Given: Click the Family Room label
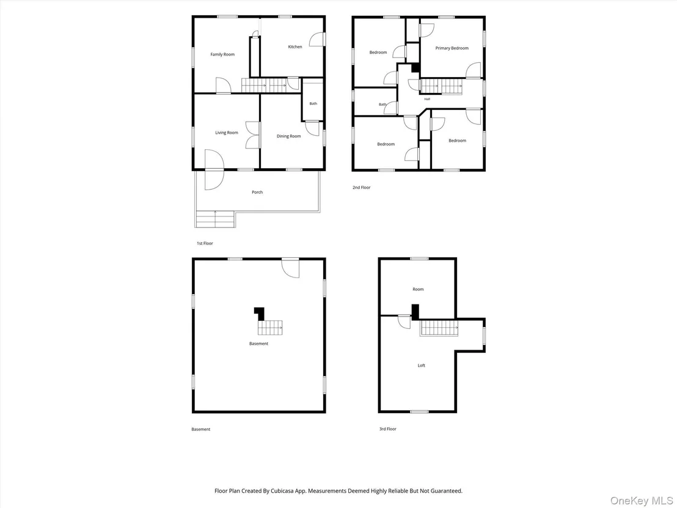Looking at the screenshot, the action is pos(222,54).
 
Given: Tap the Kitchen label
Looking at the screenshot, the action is pos(295,46).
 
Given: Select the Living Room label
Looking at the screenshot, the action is pos(227,133).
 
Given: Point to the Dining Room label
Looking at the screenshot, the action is pos(288,136).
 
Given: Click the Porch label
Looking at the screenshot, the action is pos(257,192).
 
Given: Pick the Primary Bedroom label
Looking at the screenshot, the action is pos(452,48).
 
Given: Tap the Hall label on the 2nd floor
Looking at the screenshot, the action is pos(427,99).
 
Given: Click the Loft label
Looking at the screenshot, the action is pos(422,366).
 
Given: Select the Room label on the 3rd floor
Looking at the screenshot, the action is pos(418,289).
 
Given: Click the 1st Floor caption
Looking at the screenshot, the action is pos(205,243).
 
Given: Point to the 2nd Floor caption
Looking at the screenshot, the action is pos(361,188).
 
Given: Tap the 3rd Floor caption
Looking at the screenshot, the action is pos(388,429).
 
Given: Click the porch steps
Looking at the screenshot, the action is pos(215,219).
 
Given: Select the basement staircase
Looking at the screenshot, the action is pos(270,328).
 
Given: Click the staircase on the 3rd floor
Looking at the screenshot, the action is pos(439,328).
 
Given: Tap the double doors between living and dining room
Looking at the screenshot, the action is pos(252,135).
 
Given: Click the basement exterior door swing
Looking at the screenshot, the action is pos(290,268).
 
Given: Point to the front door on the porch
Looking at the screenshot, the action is pos(214,169).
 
